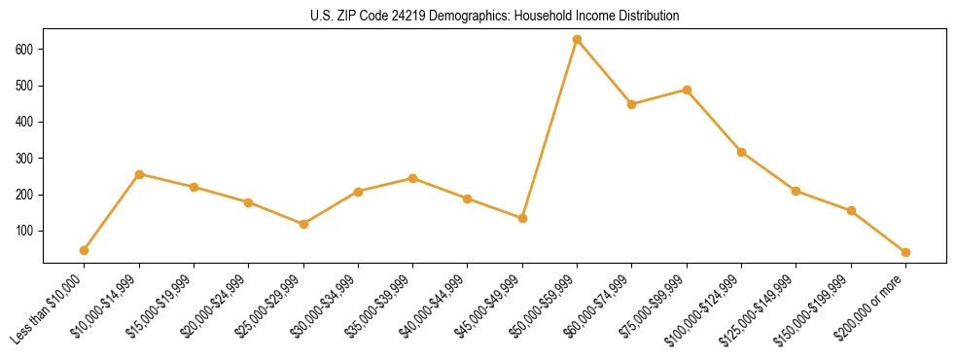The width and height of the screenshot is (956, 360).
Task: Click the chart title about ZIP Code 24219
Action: point(478,17)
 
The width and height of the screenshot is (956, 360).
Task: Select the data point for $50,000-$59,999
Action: point(577,40)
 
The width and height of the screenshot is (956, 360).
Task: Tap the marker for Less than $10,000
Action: point(85,251)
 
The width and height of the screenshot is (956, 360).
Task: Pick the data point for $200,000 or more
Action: point(905,252)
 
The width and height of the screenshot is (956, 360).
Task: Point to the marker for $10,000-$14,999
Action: point(139,174)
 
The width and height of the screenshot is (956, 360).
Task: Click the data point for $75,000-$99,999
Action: point(687,90)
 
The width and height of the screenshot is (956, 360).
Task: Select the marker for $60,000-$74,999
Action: point(632,104)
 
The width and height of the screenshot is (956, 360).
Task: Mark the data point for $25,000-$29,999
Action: point(303,224)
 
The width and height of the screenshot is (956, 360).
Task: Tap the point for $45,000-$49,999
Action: point(522,218)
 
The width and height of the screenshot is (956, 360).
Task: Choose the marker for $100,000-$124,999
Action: point(741,152)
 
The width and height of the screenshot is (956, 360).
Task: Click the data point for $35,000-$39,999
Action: point(413,178)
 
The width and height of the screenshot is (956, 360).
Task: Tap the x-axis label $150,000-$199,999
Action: point(820,306)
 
